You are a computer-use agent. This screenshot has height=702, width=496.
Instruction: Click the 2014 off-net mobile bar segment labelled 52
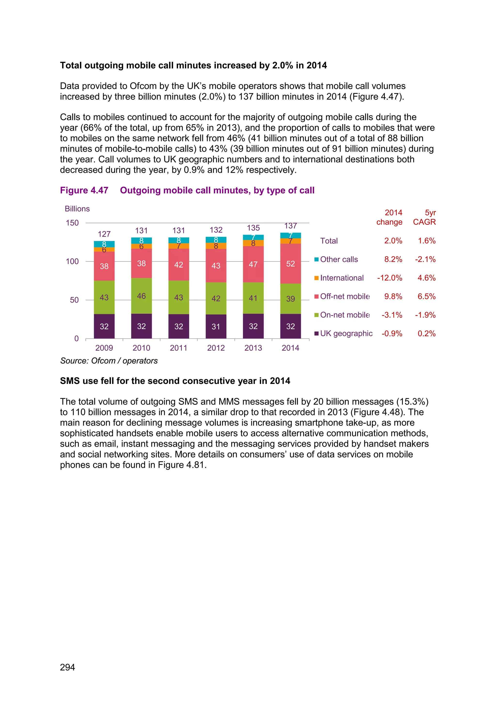pos(290,263)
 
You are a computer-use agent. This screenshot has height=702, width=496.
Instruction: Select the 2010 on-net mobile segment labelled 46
pos(141,296)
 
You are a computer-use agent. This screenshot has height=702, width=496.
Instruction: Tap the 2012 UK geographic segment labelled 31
pos(216,326)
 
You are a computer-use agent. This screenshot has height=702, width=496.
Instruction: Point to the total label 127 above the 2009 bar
pos(104,234)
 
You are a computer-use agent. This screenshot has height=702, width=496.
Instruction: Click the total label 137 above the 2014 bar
pos(290,226)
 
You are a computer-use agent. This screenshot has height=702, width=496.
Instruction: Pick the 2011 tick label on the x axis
pos(179,348)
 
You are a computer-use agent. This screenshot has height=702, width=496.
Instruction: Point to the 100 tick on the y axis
pos(72,261)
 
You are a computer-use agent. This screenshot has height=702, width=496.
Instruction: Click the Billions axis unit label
pos(77,209)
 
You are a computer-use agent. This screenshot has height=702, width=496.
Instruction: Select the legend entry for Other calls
pos(339,259)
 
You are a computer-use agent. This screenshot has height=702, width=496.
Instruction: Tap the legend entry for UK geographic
pos(346,333)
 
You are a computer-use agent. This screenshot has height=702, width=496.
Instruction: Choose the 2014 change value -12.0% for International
pos(389,278)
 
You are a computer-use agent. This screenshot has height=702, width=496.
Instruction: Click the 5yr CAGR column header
pos(424,217)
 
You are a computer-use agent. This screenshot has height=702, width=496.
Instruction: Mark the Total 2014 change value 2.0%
pos(393,241)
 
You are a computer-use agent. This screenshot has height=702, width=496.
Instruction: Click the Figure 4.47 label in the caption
pos(84,191)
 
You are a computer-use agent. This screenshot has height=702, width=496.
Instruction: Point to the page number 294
pos(68,667)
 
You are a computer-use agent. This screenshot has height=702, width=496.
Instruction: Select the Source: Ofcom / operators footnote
pos(109,361)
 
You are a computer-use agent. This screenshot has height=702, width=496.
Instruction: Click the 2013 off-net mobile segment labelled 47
pos(253,264)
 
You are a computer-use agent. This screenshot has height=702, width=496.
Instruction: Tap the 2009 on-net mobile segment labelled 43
pos(104,297)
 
